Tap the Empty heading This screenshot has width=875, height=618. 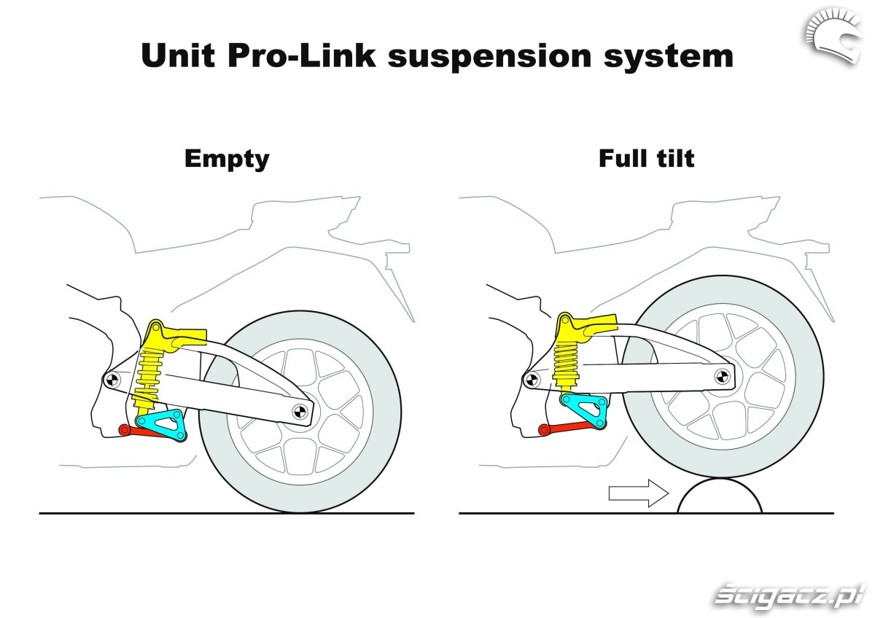pos(227,158)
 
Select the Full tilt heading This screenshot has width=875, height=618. pos(646,158)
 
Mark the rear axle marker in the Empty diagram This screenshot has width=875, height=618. pos(298,411)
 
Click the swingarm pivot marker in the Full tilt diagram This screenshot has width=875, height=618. pos(530,377)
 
